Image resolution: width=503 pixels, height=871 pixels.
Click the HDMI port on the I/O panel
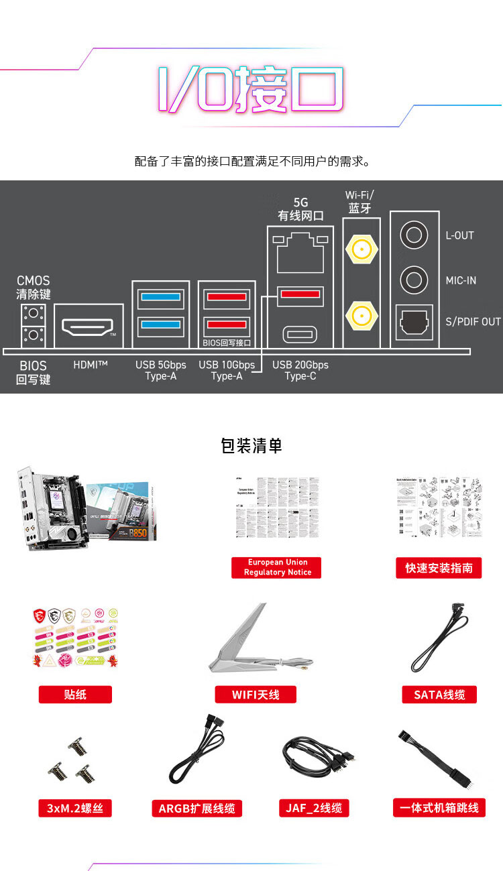click(x=88, y=327)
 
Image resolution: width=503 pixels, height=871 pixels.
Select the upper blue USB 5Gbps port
click(x=160, y=297)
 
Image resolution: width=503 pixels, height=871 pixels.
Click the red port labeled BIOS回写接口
click(x=227, y=325)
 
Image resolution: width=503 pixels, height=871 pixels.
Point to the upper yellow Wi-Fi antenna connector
click(x=360, y=250)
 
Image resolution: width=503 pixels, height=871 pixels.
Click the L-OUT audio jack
click(x=414, y=235)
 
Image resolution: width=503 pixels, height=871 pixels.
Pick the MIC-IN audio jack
click(x=414, y=280)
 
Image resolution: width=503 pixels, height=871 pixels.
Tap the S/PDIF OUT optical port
click(x=414, y=321)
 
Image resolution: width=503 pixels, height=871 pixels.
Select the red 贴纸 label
click(x=75, y=695)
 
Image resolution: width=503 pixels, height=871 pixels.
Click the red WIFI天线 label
click(x=256, y=695)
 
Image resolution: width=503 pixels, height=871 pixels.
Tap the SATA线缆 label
click(x=439, y=695)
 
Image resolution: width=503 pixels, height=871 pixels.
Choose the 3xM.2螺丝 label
click(x=75, y=808)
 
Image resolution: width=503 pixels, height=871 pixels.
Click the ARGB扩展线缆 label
click(x=197, y=809)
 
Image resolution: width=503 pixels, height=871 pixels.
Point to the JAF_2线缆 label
click(x=314, y=808)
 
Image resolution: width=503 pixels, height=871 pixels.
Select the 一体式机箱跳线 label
click(x=439, y=808)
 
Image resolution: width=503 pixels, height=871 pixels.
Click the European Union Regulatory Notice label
click(x=277, y=567)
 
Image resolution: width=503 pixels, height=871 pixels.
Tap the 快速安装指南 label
click(x=439, y=568)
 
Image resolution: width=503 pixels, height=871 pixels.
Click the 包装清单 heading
click(x=251, y=446)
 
